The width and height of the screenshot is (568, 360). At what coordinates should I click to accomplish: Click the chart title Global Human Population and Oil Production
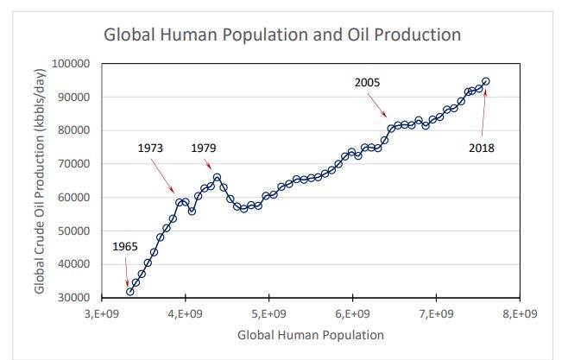[282, 35]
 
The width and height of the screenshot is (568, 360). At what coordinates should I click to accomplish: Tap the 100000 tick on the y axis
[72, 64]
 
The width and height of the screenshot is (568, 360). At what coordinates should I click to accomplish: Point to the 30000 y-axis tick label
[74, 299]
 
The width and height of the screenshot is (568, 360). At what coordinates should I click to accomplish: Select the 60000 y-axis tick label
[74, 198]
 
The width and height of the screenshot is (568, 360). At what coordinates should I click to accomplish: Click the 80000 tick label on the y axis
[74, 131]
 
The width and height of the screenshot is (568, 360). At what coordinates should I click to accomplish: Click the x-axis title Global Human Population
[311, 334]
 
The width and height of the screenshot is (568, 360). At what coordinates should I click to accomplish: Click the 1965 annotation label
[125, 247]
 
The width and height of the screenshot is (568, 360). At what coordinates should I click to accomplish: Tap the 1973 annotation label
[151, 148]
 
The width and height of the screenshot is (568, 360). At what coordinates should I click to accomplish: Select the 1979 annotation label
[204, 148]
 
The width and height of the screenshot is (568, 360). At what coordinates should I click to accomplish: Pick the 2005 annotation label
[367, 82]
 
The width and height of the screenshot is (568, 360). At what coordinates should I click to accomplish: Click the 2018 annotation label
[481, 148]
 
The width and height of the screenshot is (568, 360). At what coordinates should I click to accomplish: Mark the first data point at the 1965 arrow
[130, 292]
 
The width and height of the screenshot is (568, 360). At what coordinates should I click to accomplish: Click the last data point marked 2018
[486, 81]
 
